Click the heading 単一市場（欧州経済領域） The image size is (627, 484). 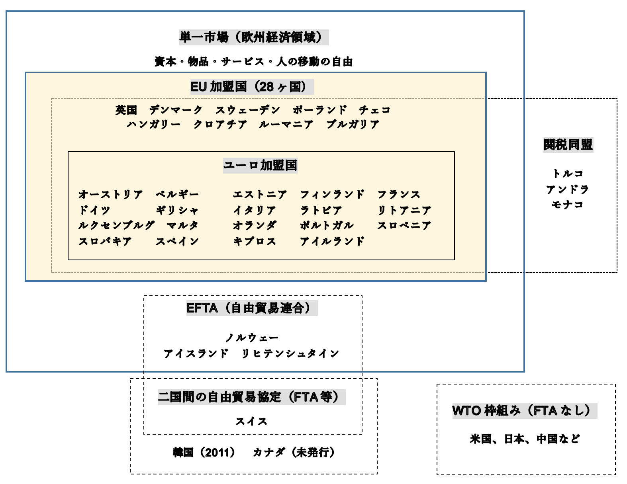[254, 37]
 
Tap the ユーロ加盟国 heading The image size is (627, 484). [260, 165]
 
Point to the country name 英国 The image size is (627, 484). [126, 110]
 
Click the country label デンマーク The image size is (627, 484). [176, 110]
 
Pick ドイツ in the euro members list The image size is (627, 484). [94, 210]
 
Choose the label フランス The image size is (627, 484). [399, 195]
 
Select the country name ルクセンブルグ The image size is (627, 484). [116, 226]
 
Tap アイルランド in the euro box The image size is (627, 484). [332, 241]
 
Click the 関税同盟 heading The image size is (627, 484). [568, 144]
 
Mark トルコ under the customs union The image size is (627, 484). [568, 174]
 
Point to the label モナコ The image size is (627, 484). [568, 205]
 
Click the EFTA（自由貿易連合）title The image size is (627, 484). [252, 308]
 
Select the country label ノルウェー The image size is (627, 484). [252, 338]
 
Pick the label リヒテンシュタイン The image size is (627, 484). [290, 353]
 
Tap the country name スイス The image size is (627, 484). [251, 421]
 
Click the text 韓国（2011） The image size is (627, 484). [204, 453]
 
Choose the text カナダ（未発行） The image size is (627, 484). [294, 453]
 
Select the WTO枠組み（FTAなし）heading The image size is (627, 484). [525, 410]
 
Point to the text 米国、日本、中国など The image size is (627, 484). [525, 439]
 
